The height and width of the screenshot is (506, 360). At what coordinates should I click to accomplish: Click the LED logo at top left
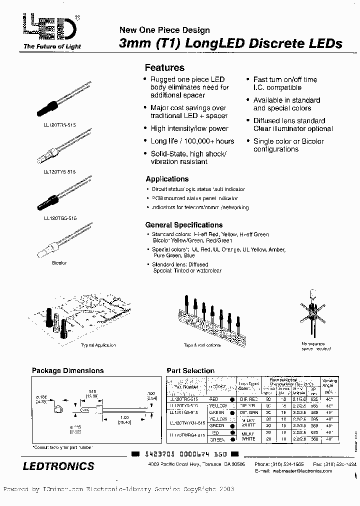(50, 28)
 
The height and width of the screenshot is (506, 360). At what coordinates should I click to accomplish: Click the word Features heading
(164, 68)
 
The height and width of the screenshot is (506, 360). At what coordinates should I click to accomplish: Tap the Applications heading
(167, 179)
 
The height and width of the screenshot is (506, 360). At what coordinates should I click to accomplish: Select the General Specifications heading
(183, 225)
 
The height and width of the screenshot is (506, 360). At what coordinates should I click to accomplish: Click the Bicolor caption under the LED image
(59, 262)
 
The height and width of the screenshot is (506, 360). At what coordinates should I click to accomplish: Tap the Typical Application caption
(98, 345)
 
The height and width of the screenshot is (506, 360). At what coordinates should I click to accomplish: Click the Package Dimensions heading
(67, 371)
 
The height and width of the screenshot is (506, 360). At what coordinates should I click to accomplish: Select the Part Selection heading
(190, 371)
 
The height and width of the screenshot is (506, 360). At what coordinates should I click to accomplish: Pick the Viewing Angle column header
(329, 383)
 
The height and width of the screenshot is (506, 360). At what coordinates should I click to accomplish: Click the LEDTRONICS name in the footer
(58, 466)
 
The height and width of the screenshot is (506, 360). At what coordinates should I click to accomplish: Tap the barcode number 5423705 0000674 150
(185, 454)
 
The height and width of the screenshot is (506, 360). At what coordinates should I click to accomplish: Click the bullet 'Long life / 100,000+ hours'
(192, 141)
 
